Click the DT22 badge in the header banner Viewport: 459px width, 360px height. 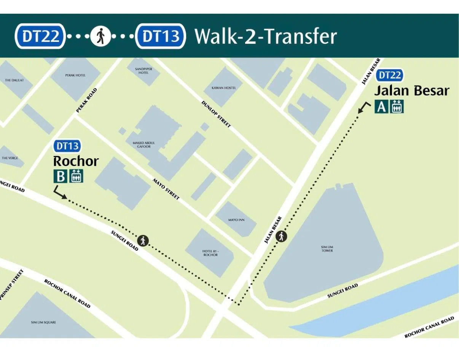pos(40,36)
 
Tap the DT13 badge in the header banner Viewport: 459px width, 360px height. pos(161,36)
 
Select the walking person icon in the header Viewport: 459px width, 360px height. pos(100,37)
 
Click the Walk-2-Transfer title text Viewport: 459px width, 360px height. pos(266,37)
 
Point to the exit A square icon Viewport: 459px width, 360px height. pos(381,107)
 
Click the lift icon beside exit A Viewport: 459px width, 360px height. pos(397,107)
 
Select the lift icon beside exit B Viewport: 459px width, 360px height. pos(76,176)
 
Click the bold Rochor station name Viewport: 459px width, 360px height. pos(76,161)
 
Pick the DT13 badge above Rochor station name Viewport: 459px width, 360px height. pos(67,146)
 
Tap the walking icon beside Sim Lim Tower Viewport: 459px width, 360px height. pos(281,236)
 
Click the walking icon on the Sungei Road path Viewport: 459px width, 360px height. pos(143,241)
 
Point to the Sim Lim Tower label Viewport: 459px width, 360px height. pos(327,248)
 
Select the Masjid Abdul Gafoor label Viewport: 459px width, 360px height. pos(144,145)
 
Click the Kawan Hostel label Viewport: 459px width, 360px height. pos(224,88)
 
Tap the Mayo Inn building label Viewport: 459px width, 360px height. pos(236,220)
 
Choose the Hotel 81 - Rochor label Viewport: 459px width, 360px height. pos(210,253)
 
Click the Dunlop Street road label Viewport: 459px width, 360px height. pos(216,114)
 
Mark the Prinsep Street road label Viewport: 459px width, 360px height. pos(13,285)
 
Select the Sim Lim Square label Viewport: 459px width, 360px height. pos(43,322)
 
